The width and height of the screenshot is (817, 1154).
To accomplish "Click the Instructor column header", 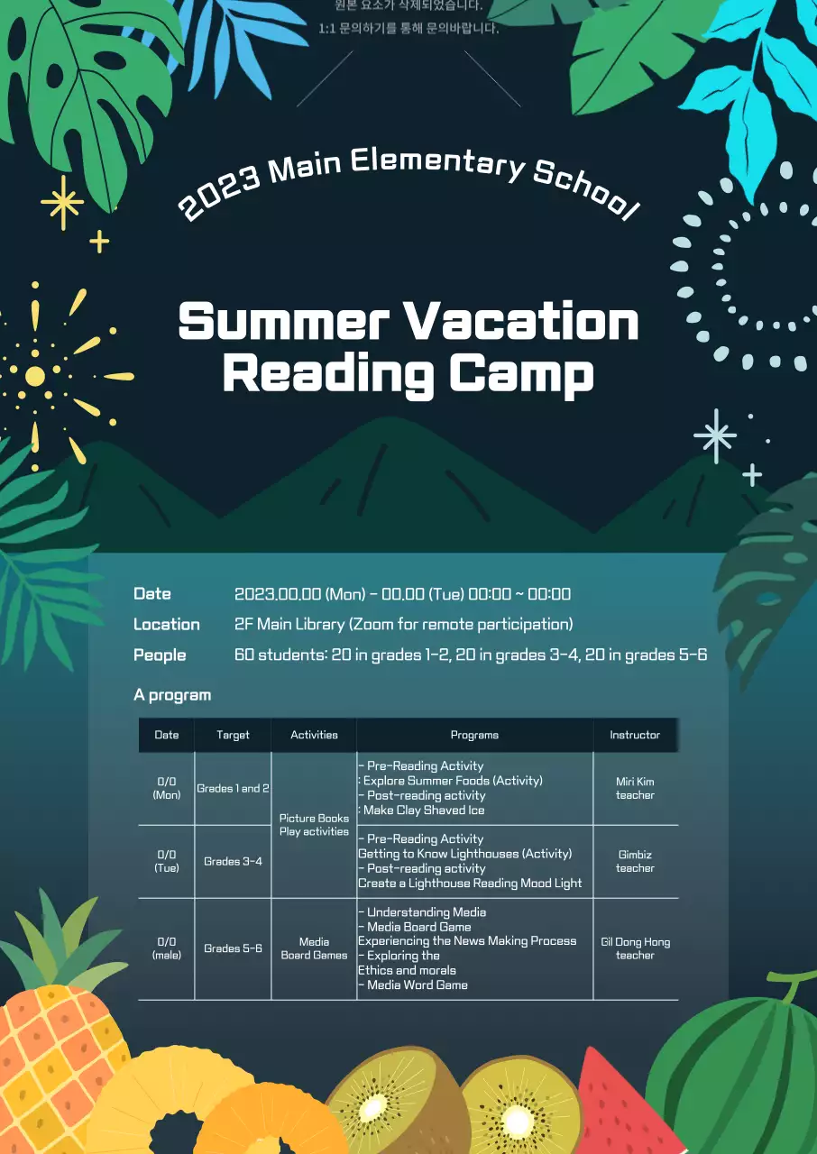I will pyautogui.click(x=635, y=735).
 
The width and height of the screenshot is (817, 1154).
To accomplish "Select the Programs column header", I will pyautogui.click(x=474, y=735).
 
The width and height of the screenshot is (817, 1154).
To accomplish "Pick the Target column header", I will pyautogui.click(x=233, y=735).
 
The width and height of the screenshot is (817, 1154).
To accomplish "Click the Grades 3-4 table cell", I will pyautogui.click(x=233, y=861).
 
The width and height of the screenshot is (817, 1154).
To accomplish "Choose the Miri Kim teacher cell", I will pyautogui.click(x=635, y=788).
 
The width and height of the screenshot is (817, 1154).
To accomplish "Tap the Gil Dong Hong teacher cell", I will pyautogui.click(x=635, y=948).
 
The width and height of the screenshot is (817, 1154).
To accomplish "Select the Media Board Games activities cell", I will pyautogui.click(x=314, y=948).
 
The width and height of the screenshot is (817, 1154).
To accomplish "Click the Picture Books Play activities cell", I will pyautogui.click(x=314, y=825).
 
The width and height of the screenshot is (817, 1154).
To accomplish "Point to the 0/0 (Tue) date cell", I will pyautogui.click(x=167, y=861).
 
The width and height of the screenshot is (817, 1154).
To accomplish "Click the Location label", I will pyautogui.click(x=167, y=624).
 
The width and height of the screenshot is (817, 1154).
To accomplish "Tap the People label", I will pyautogui.click(x=160, y=655).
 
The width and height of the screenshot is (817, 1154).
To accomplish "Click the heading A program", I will pyautogui.click(x=172, y=694).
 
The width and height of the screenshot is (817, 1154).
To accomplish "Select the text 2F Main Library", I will pyautogui.click(x=289, y=624).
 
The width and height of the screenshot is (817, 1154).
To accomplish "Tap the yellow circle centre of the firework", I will pyautogui.click(x=35, y=376).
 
